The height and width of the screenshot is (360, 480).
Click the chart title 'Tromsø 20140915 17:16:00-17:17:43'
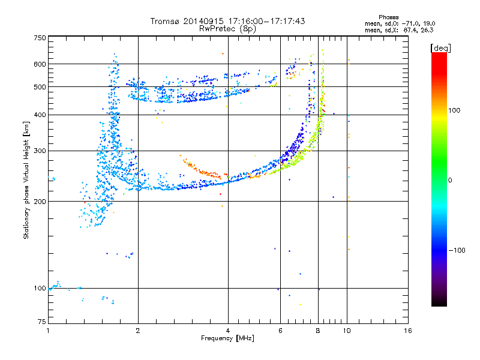point(227,21)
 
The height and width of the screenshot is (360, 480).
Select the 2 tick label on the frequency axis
point(138,331)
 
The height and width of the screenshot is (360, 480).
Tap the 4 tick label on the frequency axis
point(228,331)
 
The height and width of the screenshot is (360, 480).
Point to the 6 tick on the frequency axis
point(281,331)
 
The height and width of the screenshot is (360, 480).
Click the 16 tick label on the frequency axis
point(408,331)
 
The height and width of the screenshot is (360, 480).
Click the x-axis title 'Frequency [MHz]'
point(227,338)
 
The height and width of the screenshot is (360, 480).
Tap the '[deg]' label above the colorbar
point(441,47)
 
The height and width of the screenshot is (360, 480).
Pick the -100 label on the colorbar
point(458,250)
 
